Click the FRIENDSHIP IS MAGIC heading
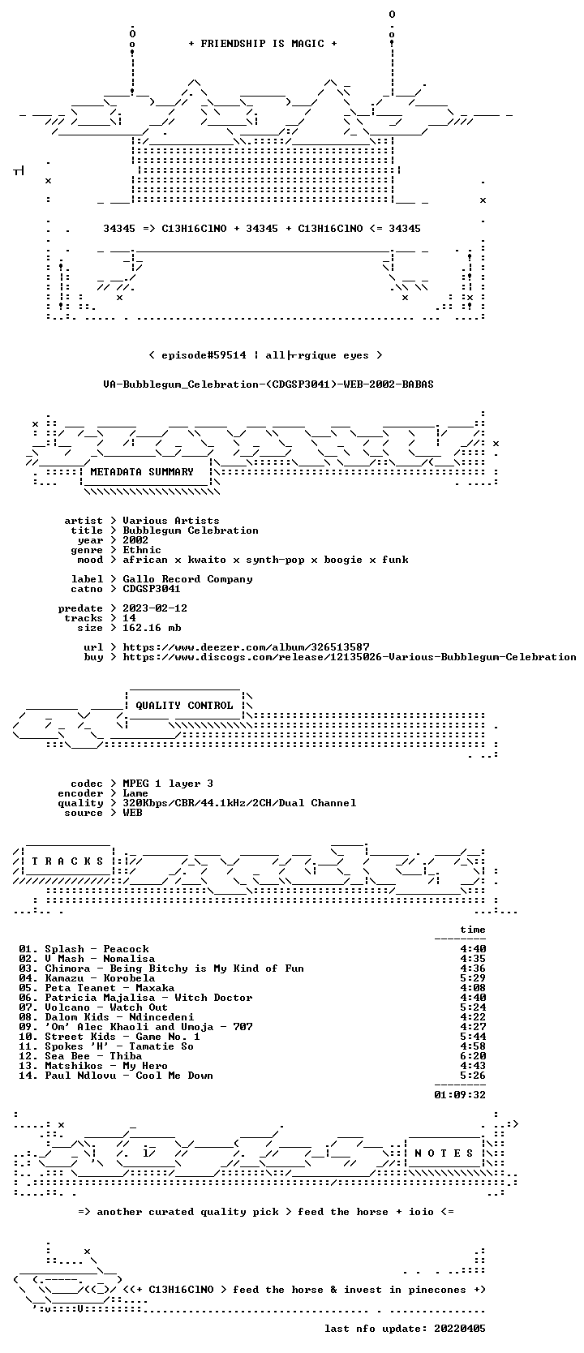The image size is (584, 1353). point(263,44)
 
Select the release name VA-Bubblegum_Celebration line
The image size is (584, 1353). point(268,384)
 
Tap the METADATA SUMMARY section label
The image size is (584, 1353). point(142,472)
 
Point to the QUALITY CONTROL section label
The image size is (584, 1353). point(184,706)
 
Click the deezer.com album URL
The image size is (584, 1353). point(247,647)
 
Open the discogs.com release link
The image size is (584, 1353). point(350,656)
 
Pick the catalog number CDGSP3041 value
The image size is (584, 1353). point(152,589)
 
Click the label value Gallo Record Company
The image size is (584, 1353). point(188,579)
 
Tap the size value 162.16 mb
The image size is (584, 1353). point(152,628)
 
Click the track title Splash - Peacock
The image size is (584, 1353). point(97,949)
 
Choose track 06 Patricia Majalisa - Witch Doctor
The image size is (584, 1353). point(135,997)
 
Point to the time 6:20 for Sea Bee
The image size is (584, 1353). point(473,1055)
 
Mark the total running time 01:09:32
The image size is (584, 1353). point(460,1094)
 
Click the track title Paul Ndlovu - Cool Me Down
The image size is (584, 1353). point(129,1075)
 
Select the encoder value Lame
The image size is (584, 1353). point(135,793)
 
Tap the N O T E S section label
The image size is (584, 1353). point(444,1153)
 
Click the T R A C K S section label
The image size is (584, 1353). point(67,861)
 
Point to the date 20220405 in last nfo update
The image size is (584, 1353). point(460,1328)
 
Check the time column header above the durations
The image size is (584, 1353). point(473,930)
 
